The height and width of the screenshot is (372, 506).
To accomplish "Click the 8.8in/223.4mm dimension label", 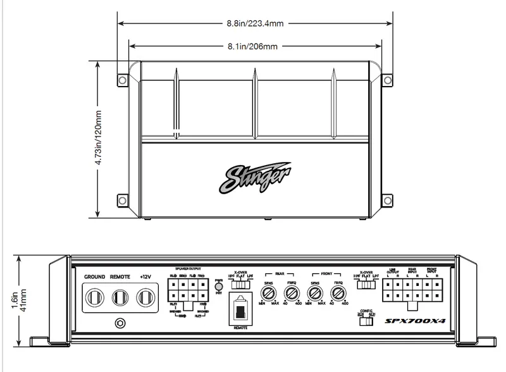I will coord(254,23).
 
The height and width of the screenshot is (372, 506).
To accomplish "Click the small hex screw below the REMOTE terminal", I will coord(119,323).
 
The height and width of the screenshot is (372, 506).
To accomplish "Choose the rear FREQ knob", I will coord(291,292).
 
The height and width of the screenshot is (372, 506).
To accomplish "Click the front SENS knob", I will coord(314,292).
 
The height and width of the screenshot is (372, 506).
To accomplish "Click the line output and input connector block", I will coord(412,292).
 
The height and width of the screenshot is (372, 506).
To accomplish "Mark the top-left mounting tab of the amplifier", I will coord(121,80).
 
